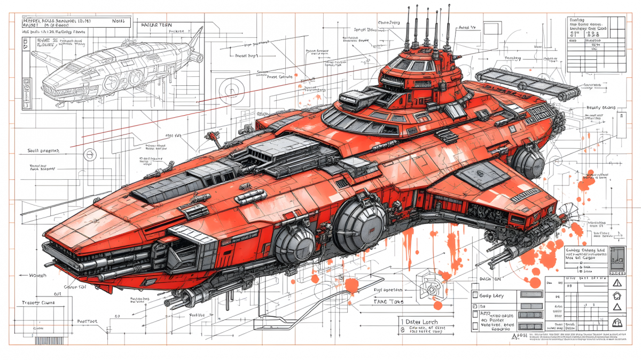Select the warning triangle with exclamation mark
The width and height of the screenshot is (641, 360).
pos(619,282)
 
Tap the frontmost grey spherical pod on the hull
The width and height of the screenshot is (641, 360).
pos(294,243)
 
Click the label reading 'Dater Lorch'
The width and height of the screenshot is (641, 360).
pos(422,322)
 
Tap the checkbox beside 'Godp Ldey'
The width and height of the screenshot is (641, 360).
pos(474,295)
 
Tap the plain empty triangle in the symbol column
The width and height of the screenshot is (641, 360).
pos(618,308)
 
